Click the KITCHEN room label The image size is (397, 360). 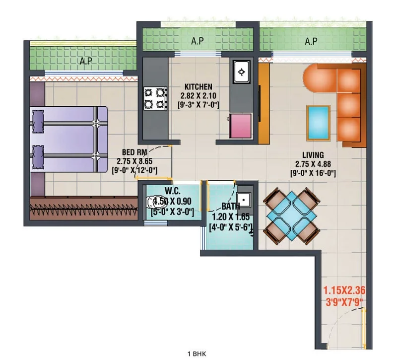tap(198, 87)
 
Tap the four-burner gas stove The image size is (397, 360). tap(155, 98)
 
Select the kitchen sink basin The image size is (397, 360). tap(242, 72)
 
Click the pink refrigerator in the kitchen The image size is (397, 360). tap(240, 126)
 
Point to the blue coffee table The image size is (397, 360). tap(318, 123)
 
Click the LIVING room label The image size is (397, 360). tap(313, 155)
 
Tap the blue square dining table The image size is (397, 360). tap(291, 216)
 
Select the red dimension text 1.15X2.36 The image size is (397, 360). tap(344, 290)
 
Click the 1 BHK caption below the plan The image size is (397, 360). tap(197, 354)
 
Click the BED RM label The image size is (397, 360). tap(134, 152)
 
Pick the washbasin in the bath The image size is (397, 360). tap(244, 200)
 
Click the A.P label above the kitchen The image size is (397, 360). tap(198, 41)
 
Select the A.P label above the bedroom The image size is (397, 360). tap(86, 61)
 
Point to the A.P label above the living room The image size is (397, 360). tap(311, 41)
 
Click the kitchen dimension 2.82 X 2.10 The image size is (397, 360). tap(198, 96)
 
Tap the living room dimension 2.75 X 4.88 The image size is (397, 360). tap(313, 164)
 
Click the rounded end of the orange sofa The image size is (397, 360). tap(312, 78)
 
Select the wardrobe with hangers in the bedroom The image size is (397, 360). tap(84, 208)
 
